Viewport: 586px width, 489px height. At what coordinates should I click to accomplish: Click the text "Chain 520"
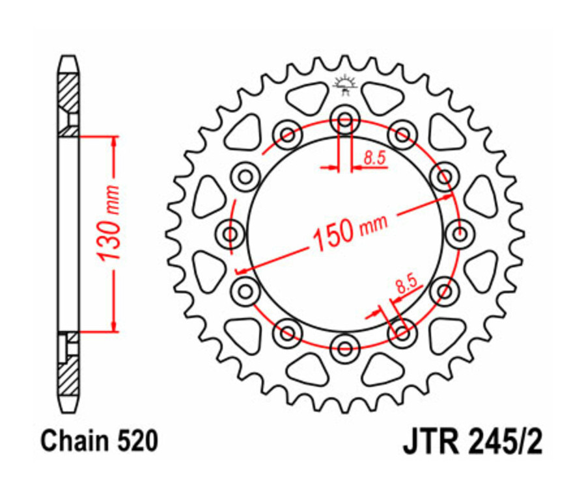click(x=99, y=442)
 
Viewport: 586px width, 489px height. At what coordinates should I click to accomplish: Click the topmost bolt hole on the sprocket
click(x=345, y=120)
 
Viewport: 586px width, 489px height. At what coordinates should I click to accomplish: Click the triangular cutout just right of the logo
click(x=383, y=98)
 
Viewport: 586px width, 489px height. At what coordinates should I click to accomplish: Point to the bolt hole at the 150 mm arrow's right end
click(x=444, y=176)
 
